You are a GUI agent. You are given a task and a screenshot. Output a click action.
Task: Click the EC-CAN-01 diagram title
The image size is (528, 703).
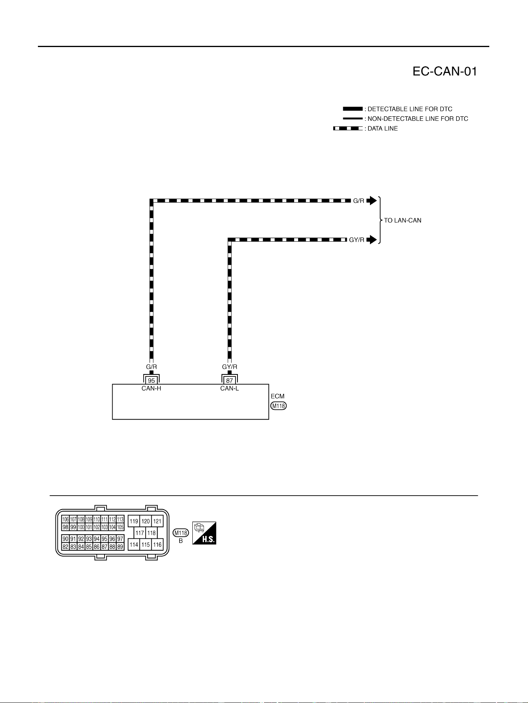pos(445,71)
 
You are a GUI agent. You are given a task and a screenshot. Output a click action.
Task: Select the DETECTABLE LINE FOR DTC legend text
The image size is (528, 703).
pos(410,109)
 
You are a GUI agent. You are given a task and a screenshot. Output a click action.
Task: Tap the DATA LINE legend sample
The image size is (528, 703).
pos(348,128)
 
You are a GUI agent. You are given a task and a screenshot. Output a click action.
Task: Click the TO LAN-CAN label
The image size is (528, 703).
pos(403,220)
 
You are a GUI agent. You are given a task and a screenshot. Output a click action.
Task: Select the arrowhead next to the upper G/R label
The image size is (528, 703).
pos(372,201)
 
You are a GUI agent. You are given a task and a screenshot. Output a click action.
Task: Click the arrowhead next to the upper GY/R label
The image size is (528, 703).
pos(372,240)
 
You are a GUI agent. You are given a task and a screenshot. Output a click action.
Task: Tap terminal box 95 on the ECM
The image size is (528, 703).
pos(151,380)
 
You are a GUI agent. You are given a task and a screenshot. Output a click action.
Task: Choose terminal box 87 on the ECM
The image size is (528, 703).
pos(229,380)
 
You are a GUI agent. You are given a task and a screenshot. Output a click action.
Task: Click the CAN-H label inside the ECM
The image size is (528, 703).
pos(151,388)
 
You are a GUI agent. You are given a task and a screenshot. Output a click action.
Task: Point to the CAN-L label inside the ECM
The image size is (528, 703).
pos(229,388)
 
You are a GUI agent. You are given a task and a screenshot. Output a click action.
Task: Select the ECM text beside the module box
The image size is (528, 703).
pos(277,396)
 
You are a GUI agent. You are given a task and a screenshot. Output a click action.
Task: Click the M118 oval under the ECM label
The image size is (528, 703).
pos(279,406)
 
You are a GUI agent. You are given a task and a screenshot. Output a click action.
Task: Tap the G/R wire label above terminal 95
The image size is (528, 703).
pos(151,367)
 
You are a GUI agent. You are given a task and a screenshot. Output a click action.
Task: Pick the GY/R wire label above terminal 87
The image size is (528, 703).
pos(229,367)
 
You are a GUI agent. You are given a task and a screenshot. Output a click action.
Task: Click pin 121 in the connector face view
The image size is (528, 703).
pos(158,521)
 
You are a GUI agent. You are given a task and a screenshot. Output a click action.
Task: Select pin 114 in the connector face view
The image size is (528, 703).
pos(134,545)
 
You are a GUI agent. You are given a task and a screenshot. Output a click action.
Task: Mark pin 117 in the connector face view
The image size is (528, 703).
pos(140,533)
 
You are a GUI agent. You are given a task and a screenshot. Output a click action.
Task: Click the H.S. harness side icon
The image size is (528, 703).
pos(204,533)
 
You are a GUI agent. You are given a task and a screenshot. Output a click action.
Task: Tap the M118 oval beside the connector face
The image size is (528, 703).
pos(181,533)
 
